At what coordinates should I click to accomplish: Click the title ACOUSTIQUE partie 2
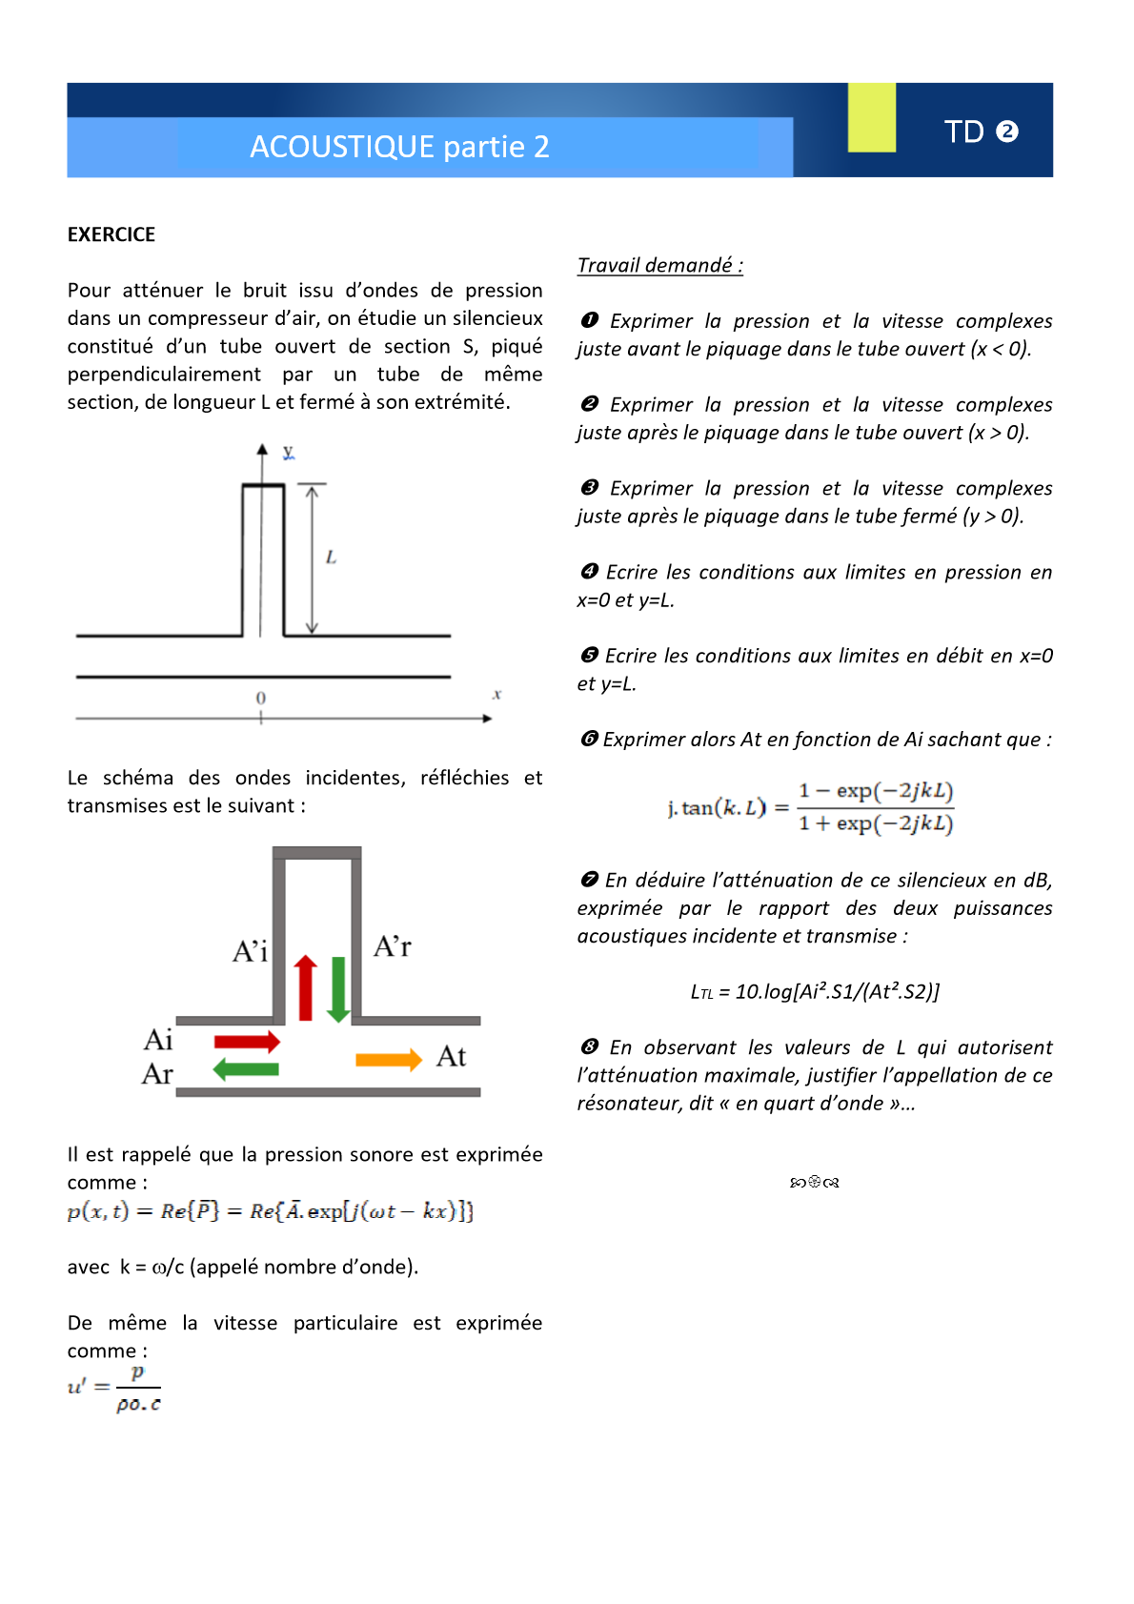tap(399, 147)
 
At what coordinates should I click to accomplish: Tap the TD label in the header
tap(963, 132)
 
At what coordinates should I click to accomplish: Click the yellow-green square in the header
tap(871, 117)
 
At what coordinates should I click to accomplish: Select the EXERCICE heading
tap(111, 234)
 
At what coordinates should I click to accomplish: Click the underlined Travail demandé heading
tap(659, 265)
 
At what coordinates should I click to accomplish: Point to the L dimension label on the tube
tap(331, 558)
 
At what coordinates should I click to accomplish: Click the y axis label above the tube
tap(288, 452)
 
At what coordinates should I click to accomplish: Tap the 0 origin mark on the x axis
tap(261, 699)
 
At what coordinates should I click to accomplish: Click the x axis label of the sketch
tap(496, 695)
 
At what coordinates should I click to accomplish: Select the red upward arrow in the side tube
tap(305, 987)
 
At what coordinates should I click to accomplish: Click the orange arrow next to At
tap(388, 1060)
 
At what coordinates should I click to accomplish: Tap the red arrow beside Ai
tap(247, 1041)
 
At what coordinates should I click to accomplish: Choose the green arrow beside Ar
tap(246, 1069)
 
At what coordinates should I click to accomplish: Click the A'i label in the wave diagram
tap(251, 951)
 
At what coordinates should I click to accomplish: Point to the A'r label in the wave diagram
tap(393, 946)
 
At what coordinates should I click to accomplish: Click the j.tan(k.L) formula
tap(810, 807)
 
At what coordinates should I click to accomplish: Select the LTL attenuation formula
tap(815, 991)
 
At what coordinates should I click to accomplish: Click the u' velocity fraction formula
tap(114, 1388)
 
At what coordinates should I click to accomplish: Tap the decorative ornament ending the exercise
tap(815, 1183)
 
